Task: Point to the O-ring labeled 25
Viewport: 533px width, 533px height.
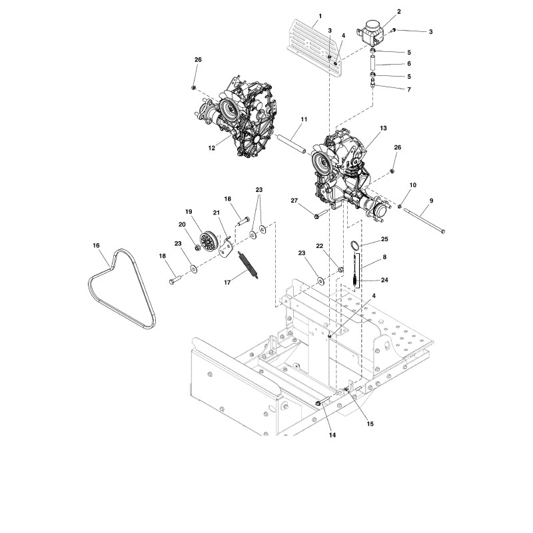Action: (355, 245)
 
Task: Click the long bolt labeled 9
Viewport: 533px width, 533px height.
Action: (424, 221)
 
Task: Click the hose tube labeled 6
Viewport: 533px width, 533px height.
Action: (373, 63)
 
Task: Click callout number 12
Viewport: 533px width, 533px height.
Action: (212, 148)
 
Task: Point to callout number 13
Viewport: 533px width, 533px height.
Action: (384, 128)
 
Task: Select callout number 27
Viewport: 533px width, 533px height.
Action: (294, 201)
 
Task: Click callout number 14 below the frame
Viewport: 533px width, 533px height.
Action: (332, 435)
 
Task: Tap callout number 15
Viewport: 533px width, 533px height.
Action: (370, 424)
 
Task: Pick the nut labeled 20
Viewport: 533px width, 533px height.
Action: (197, 247)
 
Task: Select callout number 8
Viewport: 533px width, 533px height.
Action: (384, 257)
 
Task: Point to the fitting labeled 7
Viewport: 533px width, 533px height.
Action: (373, 83)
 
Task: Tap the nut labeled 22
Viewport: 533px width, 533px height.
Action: (340, 270)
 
